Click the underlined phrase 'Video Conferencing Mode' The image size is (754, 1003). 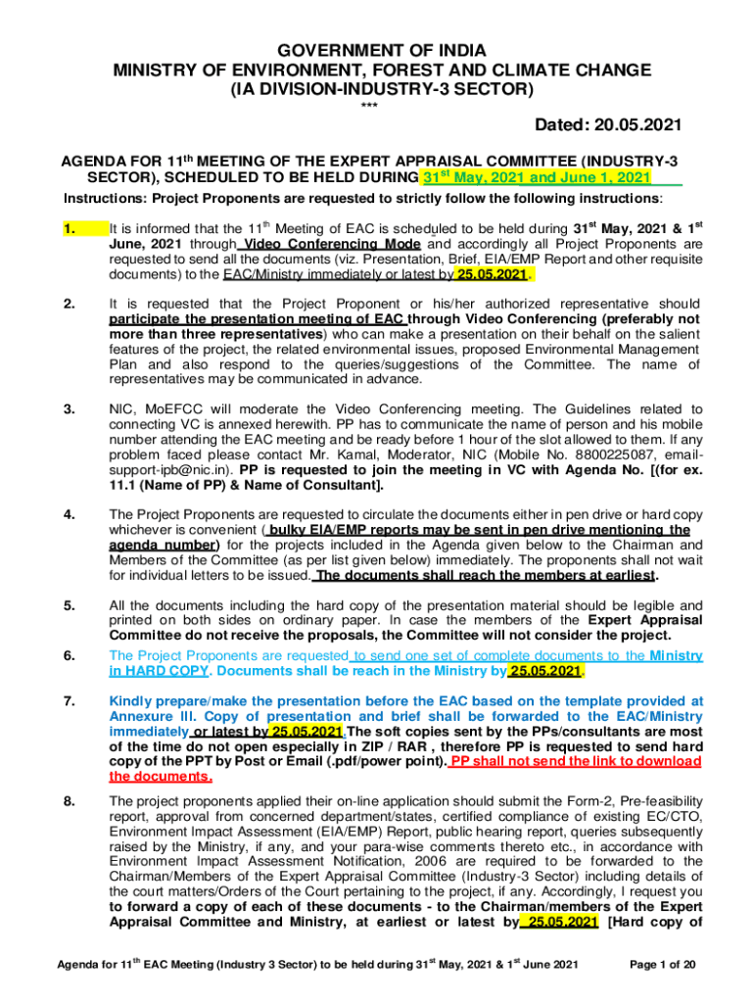click(x=333, y=244)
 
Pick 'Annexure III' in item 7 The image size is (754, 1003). click(x=149, y=716)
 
